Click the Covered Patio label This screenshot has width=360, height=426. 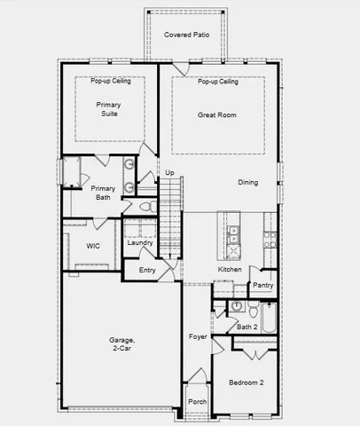point(186,34)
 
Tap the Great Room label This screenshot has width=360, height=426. point(216,114)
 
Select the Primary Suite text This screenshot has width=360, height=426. point(108,109)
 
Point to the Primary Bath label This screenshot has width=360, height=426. point(103,193)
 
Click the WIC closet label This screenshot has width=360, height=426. point(93,246)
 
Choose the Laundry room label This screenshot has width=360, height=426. point(140,242)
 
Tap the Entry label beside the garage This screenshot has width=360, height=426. point(146,271)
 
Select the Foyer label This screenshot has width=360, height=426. point(198,336)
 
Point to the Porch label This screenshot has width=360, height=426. point(197,400)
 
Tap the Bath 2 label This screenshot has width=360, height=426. point(247,327)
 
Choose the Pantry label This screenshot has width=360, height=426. point(262,285)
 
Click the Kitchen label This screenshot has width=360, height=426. point(230,269)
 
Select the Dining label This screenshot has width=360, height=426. point(248,183)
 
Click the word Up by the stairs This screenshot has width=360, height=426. point(169,172)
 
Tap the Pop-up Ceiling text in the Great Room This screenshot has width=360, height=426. point(217,82)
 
